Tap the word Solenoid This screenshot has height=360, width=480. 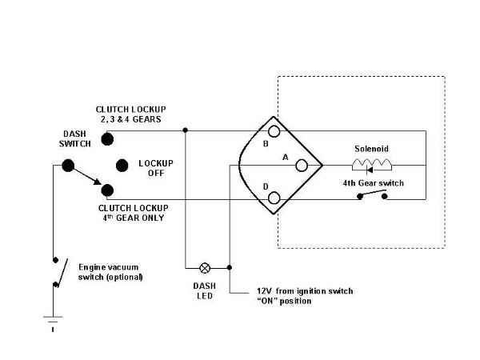[372, 150]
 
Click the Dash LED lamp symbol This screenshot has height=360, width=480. [204, 267]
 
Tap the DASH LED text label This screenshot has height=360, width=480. [204, 290]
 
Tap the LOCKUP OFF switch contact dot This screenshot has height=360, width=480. [122, 166]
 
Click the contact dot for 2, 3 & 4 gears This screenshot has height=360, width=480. [108, 138]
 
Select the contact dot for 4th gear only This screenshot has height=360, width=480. [108, 190]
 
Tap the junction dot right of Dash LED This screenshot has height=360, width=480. [230, 267]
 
